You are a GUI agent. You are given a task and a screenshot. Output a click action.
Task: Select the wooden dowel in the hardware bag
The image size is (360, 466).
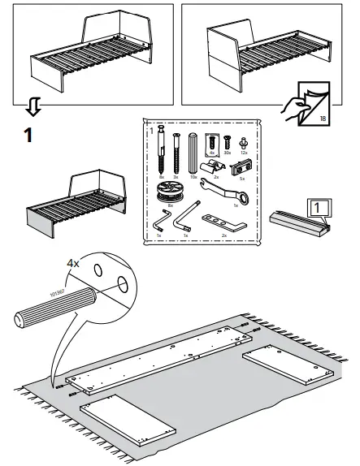[193, 153]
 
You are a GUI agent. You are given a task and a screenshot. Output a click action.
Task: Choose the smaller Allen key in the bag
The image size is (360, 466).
[158, 222]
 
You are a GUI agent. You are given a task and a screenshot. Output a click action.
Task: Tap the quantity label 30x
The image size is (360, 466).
[228, 153]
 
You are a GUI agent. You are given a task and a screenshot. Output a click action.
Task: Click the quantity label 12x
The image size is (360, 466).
[244, 153]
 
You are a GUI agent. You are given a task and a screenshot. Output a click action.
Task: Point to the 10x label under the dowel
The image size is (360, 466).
[193, 177]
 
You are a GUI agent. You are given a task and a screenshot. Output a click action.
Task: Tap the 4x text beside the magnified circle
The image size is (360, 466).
[74, 264]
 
